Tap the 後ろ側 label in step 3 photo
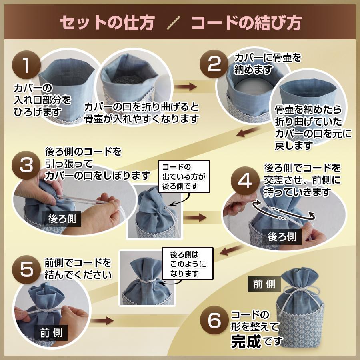pos(62,218)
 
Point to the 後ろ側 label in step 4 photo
pos(282,236)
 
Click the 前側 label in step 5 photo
pos(51,333)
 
